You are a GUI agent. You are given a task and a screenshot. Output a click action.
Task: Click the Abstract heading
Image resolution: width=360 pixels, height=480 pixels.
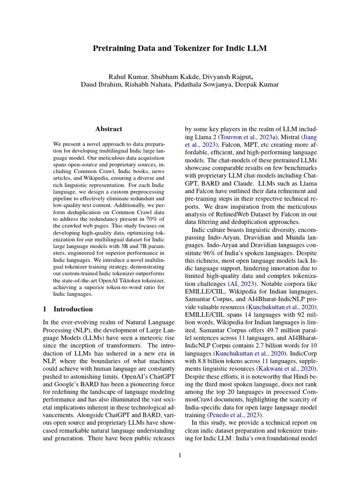point(109,129)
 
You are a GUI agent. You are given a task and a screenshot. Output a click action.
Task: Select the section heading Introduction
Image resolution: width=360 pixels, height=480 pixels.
point(73,309)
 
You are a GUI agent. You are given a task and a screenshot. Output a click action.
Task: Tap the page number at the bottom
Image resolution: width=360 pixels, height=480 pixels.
point(180,454)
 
